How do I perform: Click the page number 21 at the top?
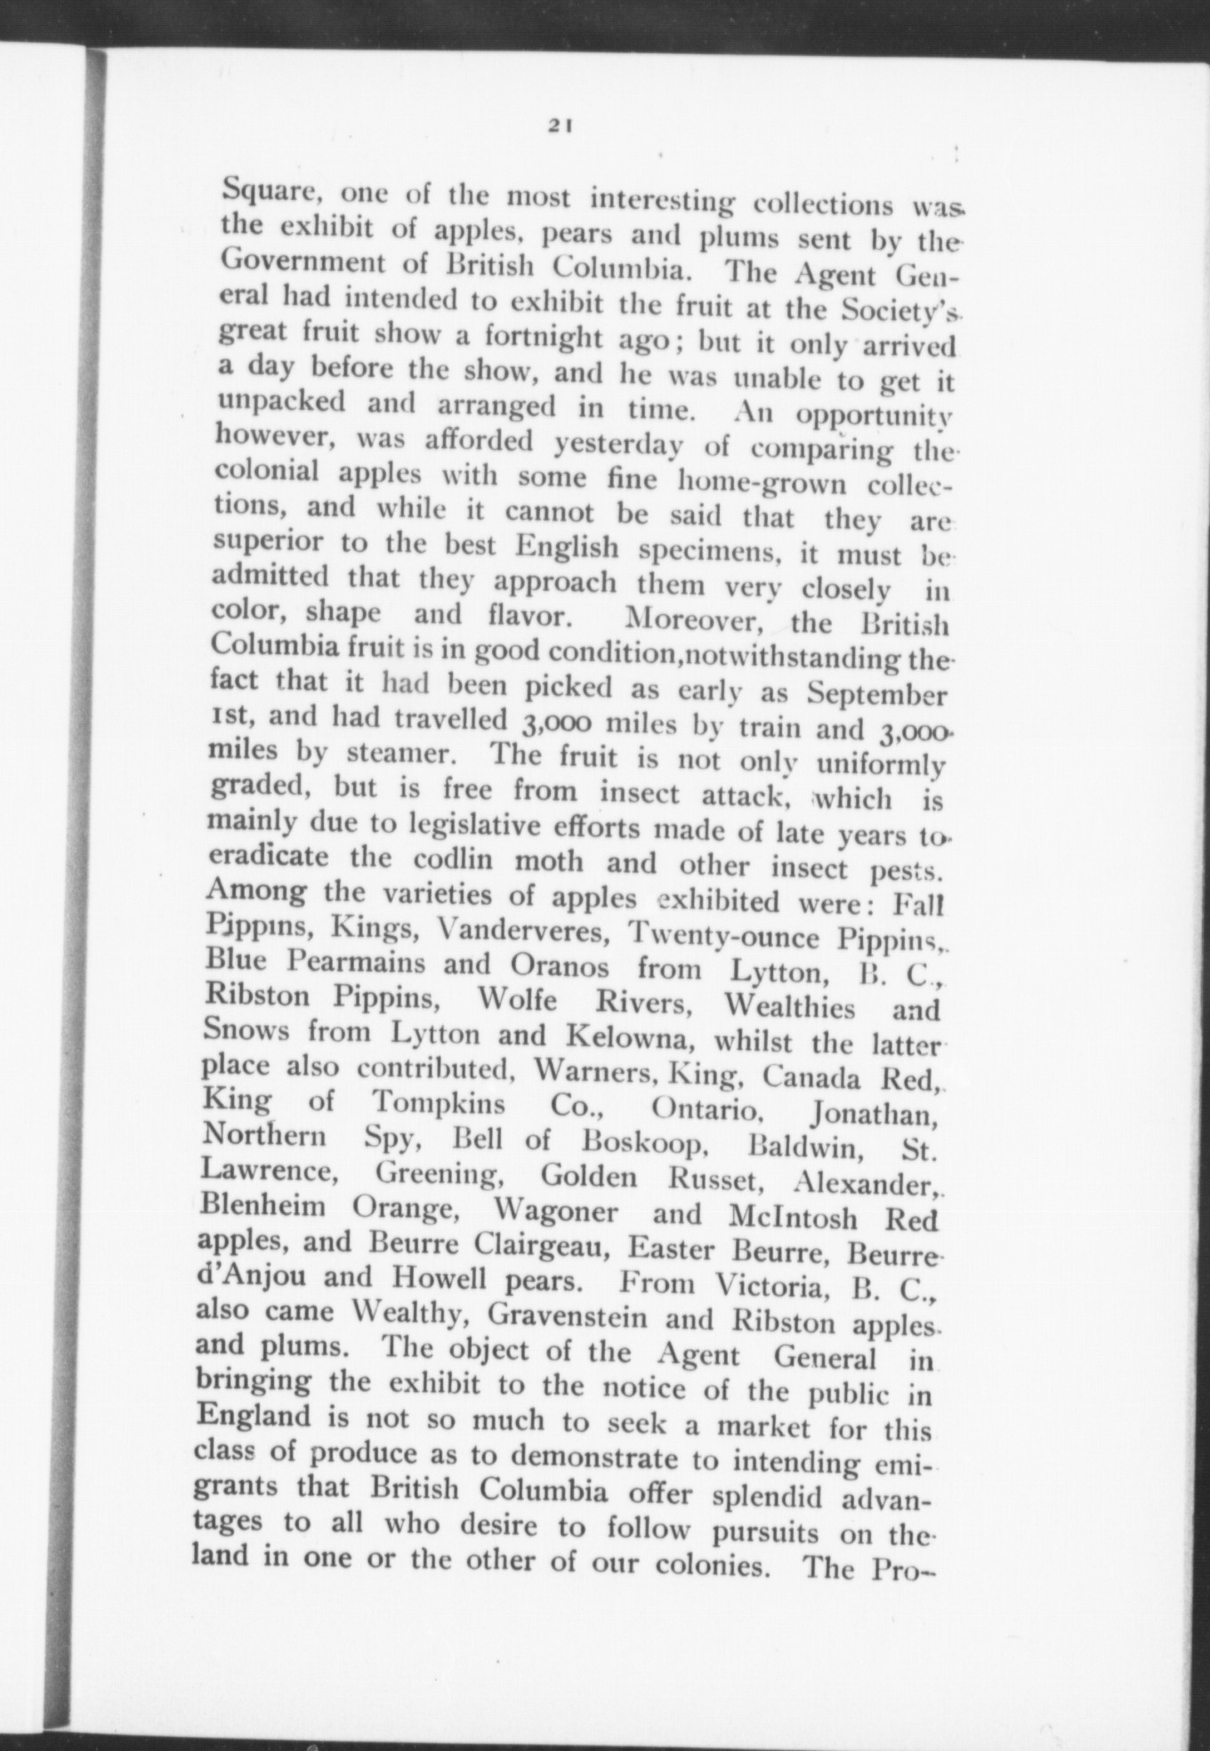(559, 125)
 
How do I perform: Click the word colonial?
(268, 472)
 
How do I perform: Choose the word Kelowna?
(632, 1036)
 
